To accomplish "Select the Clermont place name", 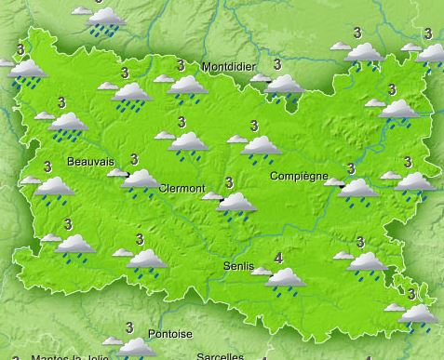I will click(182, 188).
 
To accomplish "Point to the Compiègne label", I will click(299, 176).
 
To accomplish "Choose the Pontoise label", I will click(170, 334).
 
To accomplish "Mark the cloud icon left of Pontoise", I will click(135, 347).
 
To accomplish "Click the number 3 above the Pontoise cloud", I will click(129, 327).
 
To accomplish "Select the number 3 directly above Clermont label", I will click(180, 122).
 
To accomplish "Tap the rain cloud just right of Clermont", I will click(235, 202).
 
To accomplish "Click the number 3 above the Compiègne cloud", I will click(351, 168).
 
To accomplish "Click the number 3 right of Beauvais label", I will click(135, 159).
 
